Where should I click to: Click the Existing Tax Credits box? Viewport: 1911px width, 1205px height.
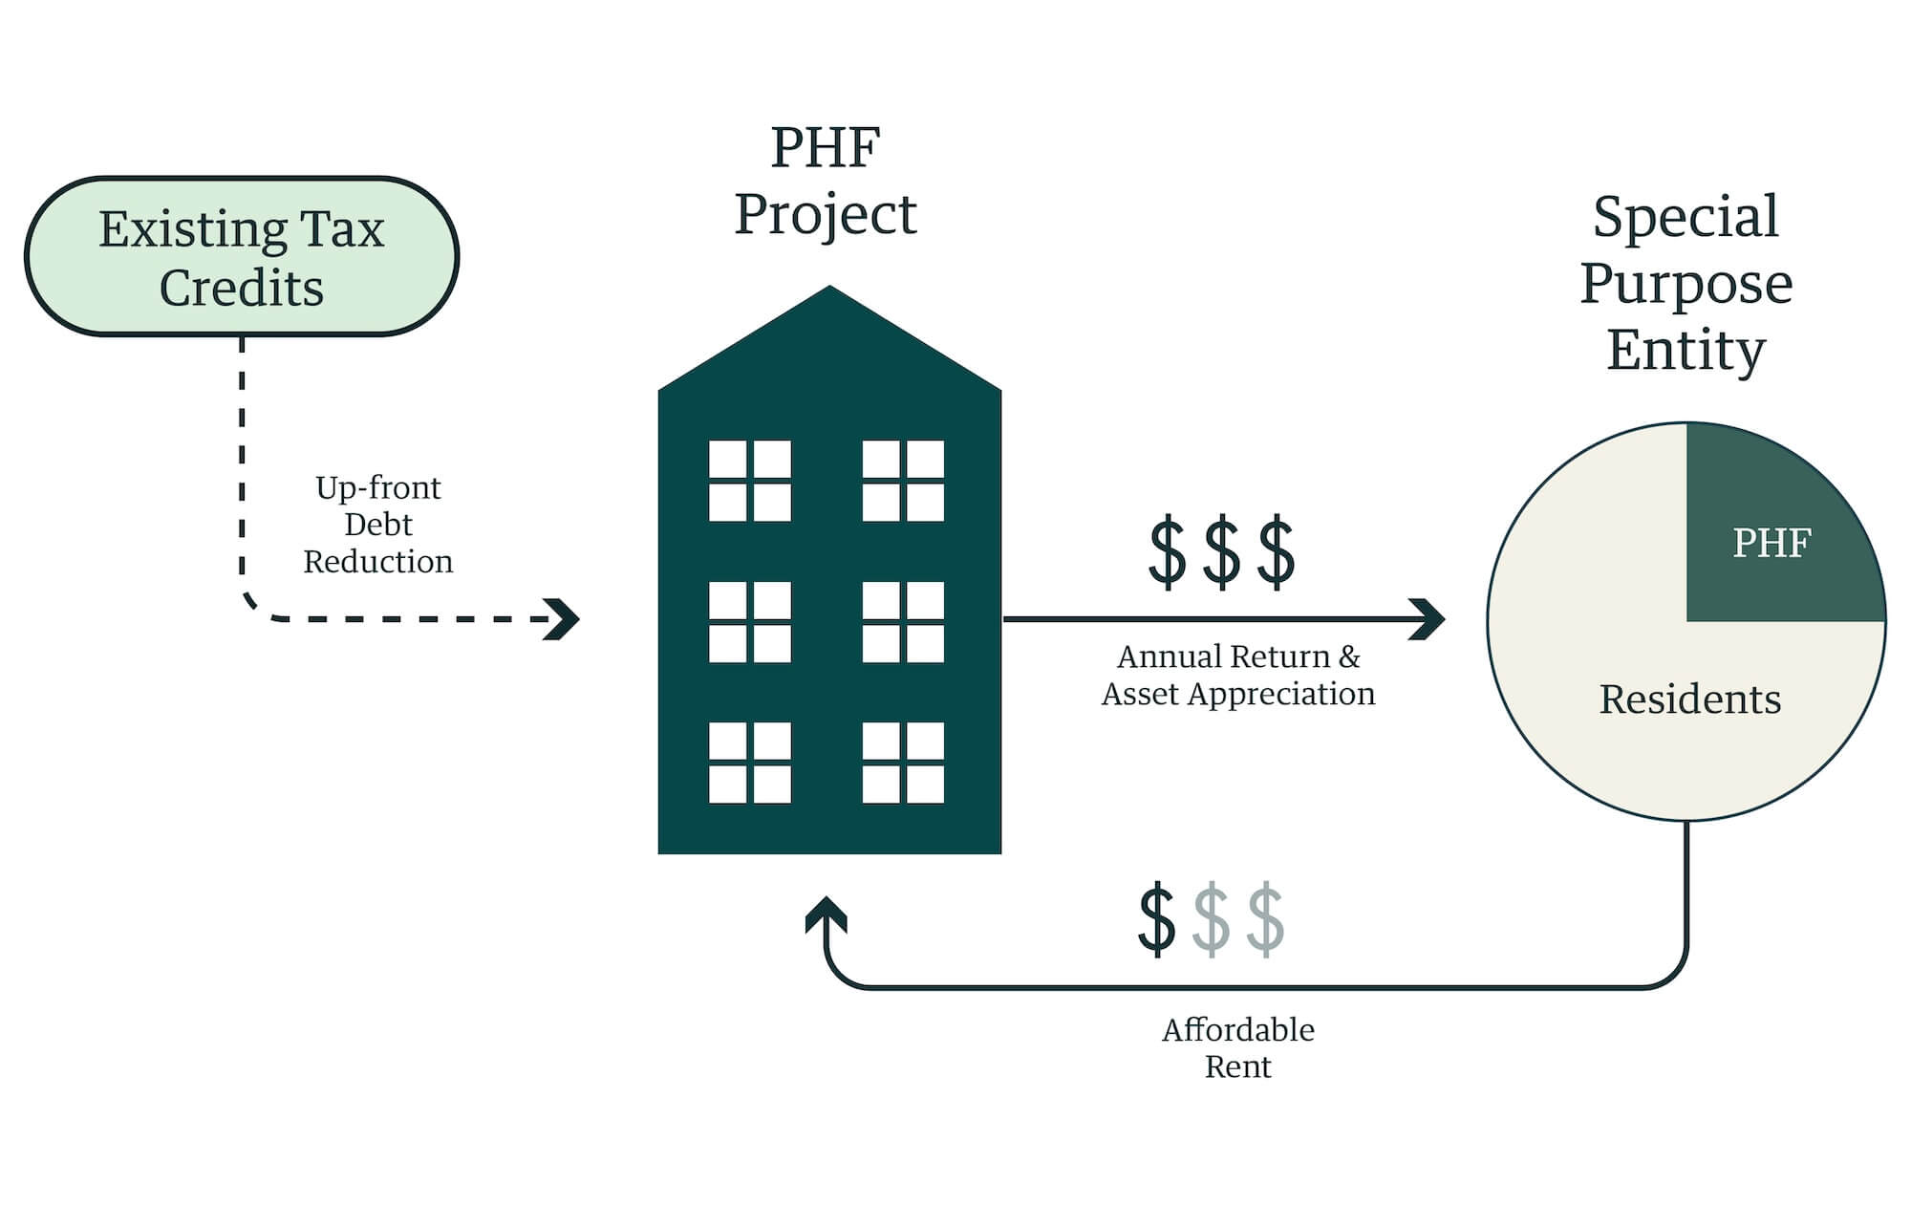[x=242, y=256]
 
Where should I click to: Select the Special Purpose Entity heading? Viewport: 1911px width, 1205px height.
[x=1686, y=283]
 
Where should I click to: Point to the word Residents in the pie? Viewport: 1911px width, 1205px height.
[x=1689, y=699]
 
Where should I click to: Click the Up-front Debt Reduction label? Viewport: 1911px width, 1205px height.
[x=378, y=525]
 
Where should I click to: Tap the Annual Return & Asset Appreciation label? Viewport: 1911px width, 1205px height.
[x=1238, y=675]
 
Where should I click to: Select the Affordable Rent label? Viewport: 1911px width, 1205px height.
[x=1237, y=1047]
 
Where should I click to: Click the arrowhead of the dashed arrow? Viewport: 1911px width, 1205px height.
[x=563, y=619]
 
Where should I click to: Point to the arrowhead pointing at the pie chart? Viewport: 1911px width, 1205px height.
[x=1428, y=619]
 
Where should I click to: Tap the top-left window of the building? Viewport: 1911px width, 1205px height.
[x=749, y=481]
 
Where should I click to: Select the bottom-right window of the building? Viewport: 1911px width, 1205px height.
[x=903, y=762]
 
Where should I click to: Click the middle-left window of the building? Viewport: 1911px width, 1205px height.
[x=749, y=622]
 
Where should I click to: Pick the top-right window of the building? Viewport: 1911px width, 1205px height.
[x=903, y=481]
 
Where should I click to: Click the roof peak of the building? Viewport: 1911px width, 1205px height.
[x=829, y=290]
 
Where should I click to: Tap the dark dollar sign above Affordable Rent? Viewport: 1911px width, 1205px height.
[x=1156, y=919]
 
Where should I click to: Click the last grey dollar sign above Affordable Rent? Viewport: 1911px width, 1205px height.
[x=1265, y=919]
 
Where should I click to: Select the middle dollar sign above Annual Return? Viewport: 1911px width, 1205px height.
[x=1221, y=551]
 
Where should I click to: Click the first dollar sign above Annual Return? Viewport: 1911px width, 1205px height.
[x=1167, y=551]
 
